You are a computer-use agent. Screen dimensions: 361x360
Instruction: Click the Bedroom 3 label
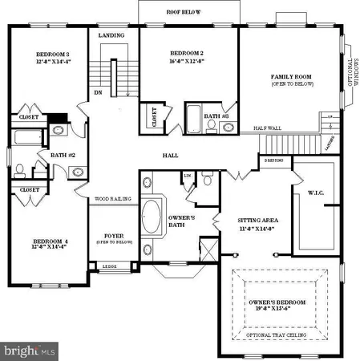[48, 55]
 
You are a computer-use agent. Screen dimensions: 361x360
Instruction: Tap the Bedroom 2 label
[183, 55]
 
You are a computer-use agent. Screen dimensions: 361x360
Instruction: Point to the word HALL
[170, 155]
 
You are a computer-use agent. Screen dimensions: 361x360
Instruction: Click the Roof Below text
[184, 13]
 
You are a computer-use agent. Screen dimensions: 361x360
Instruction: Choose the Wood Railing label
[113, 198]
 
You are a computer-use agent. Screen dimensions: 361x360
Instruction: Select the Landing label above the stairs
[111, 36]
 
